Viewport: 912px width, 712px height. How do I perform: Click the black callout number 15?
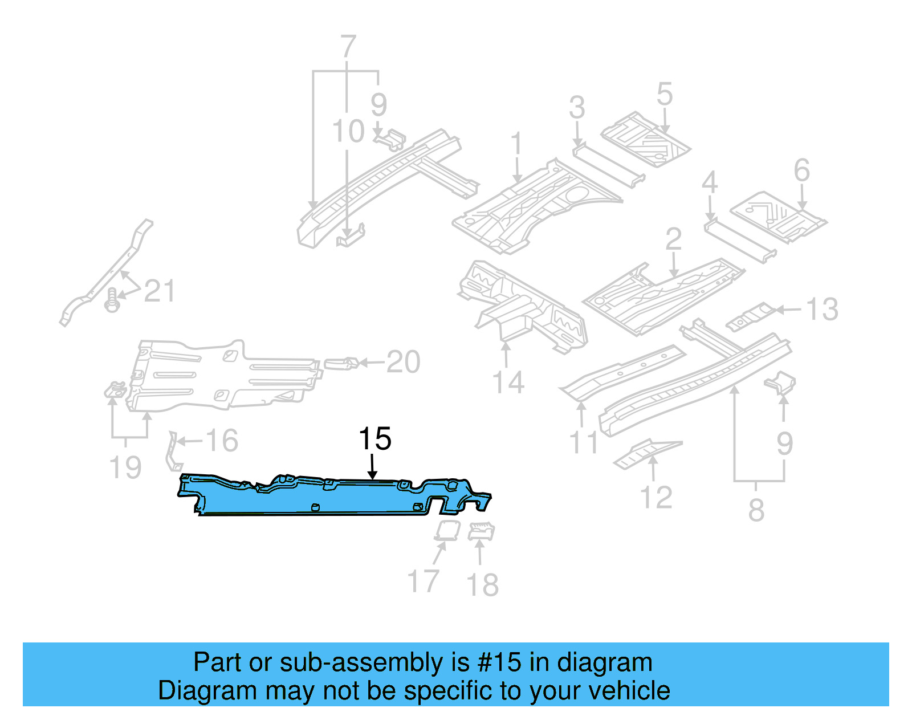point(374,439)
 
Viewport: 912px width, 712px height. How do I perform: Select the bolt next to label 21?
point(112,300)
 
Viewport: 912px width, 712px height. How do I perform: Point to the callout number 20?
point(403,362)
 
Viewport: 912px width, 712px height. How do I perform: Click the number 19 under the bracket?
point(125,467)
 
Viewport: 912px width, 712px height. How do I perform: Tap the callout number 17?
point(423,581)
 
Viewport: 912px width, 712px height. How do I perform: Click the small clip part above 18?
point(481,531)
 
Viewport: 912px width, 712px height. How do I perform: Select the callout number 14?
point(507,383)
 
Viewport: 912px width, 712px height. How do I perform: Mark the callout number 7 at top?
point(348,46)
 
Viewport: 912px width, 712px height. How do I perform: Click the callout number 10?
point(348,132)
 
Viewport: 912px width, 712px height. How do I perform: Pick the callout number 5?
point(664,94)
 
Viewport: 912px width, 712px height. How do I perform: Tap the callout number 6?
point(801,170)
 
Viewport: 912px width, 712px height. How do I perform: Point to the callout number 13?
point(821,310)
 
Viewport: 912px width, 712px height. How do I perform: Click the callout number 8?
point(756,510)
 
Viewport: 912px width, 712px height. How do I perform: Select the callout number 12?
point(657,497)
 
